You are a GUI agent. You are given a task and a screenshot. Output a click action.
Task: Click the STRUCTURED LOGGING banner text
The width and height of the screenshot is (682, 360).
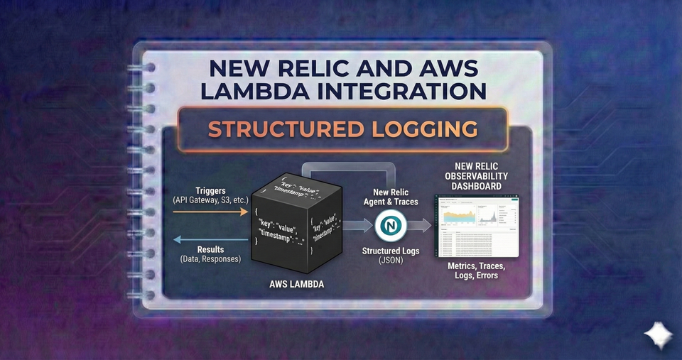point(342,129)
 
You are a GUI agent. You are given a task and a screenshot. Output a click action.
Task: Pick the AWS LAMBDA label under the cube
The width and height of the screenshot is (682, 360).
point(297,284)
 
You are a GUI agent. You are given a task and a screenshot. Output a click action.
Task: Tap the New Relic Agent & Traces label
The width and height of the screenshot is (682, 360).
point(390,197)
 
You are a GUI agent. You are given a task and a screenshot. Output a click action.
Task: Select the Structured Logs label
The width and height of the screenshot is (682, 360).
point(390,251)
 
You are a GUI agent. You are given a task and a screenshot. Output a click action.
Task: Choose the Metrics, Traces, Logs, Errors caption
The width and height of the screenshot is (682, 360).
point(477,270)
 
